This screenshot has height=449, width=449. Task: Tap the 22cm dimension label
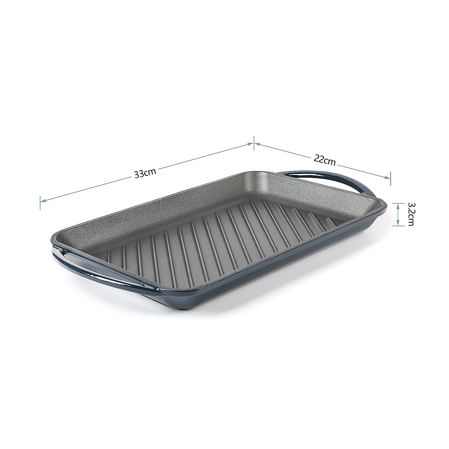324,160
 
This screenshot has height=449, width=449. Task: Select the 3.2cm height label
410,214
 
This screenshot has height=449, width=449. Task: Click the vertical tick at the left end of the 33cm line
40,202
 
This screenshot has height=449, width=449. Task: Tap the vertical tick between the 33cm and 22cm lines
254,143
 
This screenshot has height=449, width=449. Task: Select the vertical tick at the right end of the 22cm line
391,178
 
